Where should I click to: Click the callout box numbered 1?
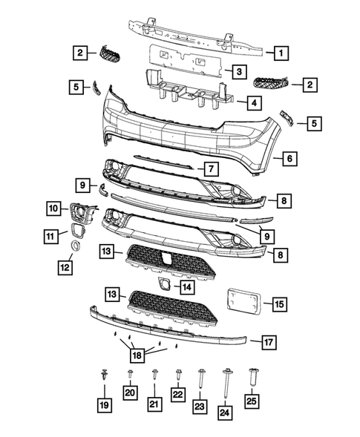pos(280,52)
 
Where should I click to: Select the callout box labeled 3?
pos(238,71)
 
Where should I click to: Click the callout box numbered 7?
pos(210,169)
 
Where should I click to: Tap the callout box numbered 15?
pos(279,304)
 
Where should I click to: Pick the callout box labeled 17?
pos(269,342)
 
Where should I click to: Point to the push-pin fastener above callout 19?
pos(103,377)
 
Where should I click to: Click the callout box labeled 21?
pos(154,403)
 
